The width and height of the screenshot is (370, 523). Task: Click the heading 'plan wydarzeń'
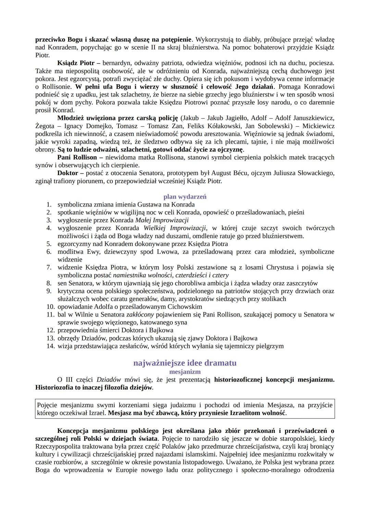click(185, 197)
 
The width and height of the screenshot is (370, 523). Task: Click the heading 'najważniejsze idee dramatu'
click(185, 363)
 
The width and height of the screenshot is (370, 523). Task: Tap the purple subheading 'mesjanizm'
click(185, 371)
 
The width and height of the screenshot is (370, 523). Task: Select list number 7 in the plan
click(49, 267)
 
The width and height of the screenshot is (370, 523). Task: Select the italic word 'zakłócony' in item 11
click(140, 314)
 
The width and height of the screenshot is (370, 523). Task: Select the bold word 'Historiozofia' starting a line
click(54, 387)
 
